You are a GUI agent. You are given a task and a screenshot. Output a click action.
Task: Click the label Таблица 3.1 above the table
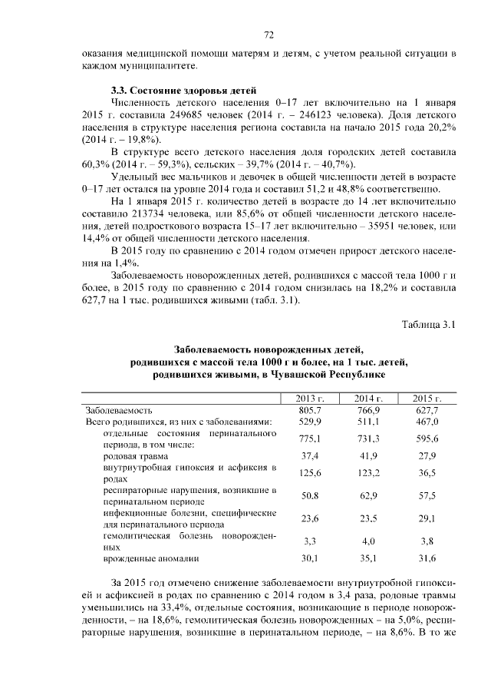[x=430, y=324]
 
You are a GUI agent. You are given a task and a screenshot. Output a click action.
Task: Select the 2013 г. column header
[x=311, y=399]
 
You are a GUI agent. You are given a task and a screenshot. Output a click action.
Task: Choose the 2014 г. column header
[x=368, y=399]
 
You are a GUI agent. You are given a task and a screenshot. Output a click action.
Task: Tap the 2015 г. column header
[x=427, y=399]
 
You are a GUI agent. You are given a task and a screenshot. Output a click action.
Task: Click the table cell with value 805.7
[x=311, y=410]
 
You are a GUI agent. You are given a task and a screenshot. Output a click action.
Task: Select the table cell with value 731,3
[x=368, y=438]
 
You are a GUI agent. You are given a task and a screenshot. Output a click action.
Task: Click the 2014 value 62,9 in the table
[x=368, y=495]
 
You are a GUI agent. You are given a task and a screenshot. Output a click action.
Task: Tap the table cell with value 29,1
[x=427, y=518]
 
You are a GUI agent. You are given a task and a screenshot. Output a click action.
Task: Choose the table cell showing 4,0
[x=368, y=541]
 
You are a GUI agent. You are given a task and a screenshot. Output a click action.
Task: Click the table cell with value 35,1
[x=368, y=559]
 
